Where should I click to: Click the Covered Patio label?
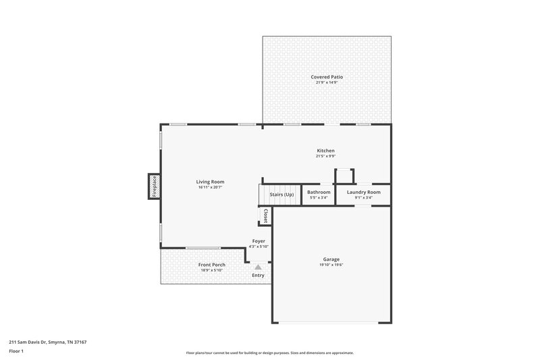coord(327,77)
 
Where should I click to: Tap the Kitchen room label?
coord(326,151)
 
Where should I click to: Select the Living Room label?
coord(210,182)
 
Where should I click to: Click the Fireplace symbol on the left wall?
coord(154,186)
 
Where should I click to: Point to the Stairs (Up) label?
coord(281,194)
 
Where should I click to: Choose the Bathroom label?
coord(319,192)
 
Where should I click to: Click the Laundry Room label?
coord(364,192)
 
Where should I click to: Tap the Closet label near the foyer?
coord(265,216)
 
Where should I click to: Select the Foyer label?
coord(259,241)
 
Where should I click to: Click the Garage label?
coord(331,259)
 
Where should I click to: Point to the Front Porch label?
coord(211,265)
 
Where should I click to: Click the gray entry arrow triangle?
coord(258,267)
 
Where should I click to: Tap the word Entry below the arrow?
coord(258,276)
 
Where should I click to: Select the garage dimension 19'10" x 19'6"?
coord(331,265)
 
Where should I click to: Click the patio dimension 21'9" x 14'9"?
coord(327,82)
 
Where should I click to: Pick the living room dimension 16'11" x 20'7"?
coord(210,187)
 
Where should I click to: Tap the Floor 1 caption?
coord(16,351)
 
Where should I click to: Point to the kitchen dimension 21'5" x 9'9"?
coord(326,156)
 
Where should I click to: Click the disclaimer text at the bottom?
coord(269,353)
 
